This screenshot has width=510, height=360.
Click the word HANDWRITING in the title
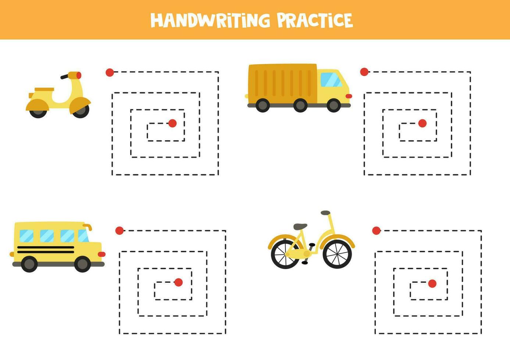[210, 21]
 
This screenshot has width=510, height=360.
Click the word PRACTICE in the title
[315, 21]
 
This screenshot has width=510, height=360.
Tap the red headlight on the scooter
[79, 75]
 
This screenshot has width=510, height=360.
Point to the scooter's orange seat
[44, 89]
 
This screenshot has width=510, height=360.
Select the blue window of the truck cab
[331, 79]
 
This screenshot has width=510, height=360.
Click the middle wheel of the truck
[300, 105]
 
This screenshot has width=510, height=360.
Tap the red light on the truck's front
[349, 96]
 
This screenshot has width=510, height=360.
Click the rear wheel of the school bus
[29, 264]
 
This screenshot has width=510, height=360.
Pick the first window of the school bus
[26, 236]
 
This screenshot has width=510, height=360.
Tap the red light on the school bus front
[101, 254]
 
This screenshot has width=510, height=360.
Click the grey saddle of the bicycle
[300, 227]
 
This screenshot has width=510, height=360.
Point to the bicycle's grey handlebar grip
[325, 213]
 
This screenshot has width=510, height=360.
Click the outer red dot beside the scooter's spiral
[110, 72]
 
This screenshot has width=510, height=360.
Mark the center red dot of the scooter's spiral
[172, 123]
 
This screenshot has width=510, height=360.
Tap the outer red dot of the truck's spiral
[364, 72]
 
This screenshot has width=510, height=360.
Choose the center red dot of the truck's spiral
[422, 123]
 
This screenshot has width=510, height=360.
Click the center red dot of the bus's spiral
[178, 282]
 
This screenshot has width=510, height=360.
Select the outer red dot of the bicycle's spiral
[377, 231]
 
